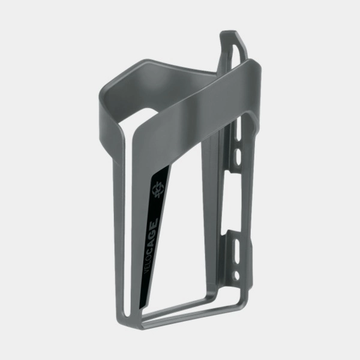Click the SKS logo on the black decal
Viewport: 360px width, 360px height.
click(x=157, y=190)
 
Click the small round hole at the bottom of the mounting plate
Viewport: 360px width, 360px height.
click(x=236, y=275)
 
